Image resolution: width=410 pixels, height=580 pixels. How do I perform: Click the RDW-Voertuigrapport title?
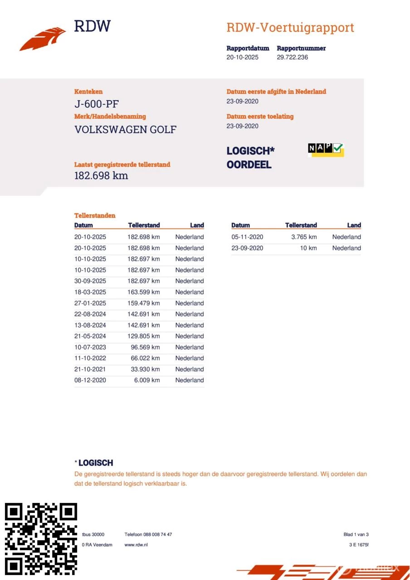[290, 27]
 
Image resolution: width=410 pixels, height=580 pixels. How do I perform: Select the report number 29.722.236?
[292, 57]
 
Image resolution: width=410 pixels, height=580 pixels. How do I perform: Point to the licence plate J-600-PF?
[97, 104]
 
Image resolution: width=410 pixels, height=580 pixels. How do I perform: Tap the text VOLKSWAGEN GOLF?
[125, 130]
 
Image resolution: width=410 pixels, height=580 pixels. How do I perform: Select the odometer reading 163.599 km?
[143, 292]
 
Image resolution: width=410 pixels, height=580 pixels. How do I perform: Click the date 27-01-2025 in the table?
[90, 303]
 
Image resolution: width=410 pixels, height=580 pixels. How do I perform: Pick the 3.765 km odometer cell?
[304, 237]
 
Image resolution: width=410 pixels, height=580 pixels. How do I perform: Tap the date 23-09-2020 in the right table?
[247, 248]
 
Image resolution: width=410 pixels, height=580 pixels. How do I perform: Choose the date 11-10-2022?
[90, 358]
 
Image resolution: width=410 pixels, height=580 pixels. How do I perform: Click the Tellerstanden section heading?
[95, 216]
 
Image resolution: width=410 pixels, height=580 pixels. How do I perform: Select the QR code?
[40, 538]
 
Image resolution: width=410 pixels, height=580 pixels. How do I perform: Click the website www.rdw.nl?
[136, 545]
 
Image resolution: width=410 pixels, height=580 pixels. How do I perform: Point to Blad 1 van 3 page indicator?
[356, 534]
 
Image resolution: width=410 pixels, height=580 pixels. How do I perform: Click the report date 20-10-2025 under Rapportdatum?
[242, 57]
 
